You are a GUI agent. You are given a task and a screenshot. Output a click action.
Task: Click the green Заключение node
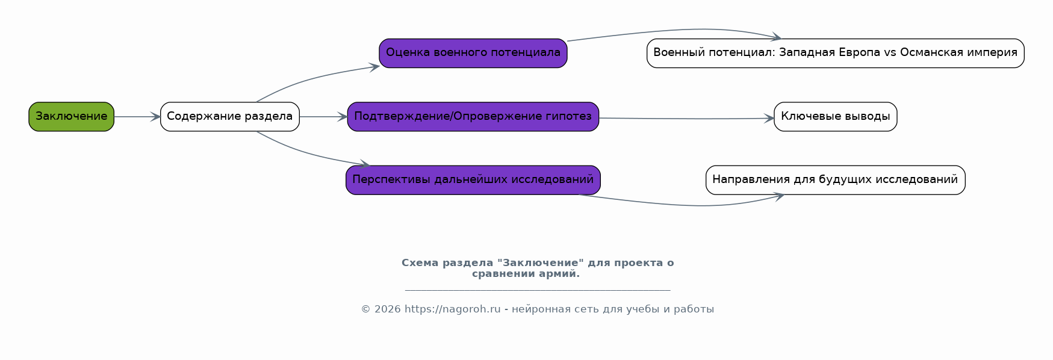pyautogui.click(x=71, y=116)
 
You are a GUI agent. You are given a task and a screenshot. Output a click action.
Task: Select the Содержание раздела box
pyautogui.click(x=229, y=116)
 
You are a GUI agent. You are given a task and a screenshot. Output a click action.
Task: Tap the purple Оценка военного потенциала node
pyautogui.click(x=473, y=53)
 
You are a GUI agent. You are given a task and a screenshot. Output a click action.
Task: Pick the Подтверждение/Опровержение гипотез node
pyautogui.click(x=473, y=116)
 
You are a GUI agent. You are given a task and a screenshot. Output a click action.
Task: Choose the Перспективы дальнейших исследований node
pyautogui.click(x=473, y=179)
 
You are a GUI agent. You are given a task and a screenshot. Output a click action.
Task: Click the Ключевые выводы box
pyautogui.click(x=835, y=116)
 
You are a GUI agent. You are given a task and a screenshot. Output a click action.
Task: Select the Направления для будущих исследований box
pyautogui.click(x=835, y=179)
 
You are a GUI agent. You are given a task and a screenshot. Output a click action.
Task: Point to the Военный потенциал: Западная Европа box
pyautogui.click(x=835, y=53)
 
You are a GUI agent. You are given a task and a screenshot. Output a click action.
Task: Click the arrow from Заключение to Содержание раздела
pyautogui.click(x=137, y=117)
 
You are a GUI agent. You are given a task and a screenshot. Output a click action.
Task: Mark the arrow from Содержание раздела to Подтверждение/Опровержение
pyautogui.click(x=323, y=117)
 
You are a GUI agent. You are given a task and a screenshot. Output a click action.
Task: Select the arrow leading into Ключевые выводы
pyautogui.click(x=686, y=119)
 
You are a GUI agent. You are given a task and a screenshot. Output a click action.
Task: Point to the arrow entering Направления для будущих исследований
pyautogui.click(x=686, y=205)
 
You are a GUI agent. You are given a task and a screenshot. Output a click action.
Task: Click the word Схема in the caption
pyautogui.click(x=420, y=263)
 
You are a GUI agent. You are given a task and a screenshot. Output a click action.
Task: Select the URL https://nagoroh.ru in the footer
pyautogui.click(x=452, y=309)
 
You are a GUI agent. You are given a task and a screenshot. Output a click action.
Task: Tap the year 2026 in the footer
pyautogui.click(x=387, y=309)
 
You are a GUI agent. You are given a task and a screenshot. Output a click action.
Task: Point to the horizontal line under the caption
pyautogui.click(x=538, y=290)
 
